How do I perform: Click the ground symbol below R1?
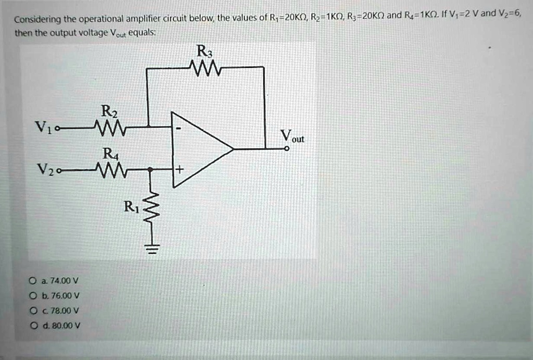152,250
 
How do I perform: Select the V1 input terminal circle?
57,129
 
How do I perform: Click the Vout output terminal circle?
287,148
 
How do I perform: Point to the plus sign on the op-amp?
179,169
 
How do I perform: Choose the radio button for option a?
33,281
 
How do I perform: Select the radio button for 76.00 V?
33,295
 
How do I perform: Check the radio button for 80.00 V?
33,326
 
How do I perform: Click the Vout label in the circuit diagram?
292,136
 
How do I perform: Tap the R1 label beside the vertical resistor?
131,206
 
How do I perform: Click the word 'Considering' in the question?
37,19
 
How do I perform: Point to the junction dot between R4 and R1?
149,169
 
